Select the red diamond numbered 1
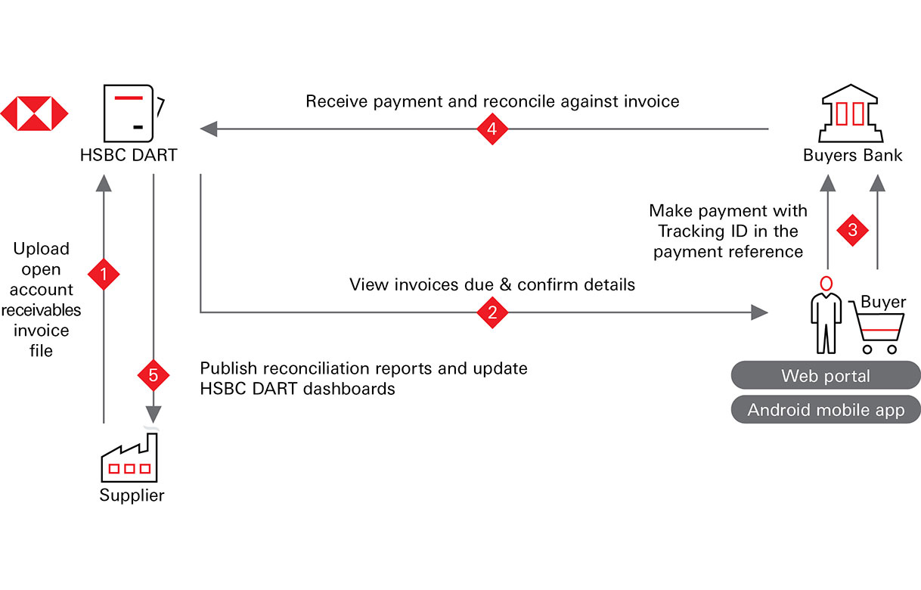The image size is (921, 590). click(x=104, y=274)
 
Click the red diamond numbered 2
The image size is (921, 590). click(x=492, y=312)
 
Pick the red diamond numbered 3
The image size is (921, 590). click(x=853, y=230)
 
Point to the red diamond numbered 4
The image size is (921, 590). click(x=492, y=129)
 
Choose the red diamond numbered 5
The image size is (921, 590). click(x=153, y=374)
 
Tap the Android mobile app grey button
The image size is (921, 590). click(x=826, y=410)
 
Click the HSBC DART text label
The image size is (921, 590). click(x=129, y=156)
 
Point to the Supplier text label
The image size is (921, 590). click(x=132, y=496)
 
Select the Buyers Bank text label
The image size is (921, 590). click(x=853, y=156)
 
